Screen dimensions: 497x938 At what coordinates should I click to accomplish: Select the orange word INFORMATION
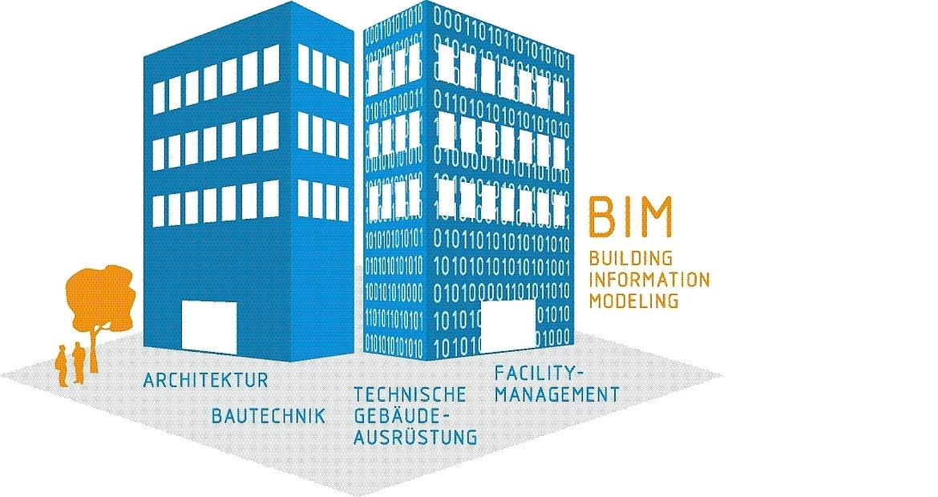coord(649,280)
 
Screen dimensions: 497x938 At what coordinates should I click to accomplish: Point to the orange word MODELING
coord(633,301)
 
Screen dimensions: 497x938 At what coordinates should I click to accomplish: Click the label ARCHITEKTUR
coord(206,380)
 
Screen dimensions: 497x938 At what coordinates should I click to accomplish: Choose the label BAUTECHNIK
coord(269,415)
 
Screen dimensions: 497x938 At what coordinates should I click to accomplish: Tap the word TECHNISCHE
coord(410,394)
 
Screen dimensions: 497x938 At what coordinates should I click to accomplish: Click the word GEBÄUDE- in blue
coord(398,416)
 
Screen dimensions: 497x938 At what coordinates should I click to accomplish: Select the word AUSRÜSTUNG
coord(415,437)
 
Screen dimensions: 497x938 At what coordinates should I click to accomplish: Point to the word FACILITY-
coord(540,373)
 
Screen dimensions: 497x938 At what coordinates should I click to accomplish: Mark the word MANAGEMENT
coord(556,394)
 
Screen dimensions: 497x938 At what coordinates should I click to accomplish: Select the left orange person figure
coord(62,365)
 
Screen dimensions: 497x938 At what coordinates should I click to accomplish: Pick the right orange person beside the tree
coord(78,362)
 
